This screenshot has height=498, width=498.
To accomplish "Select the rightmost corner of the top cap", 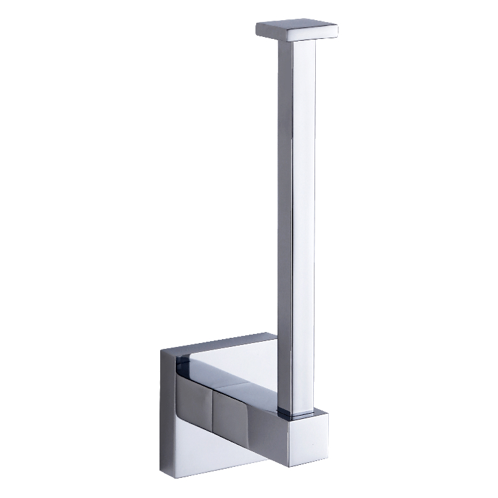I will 338,28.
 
